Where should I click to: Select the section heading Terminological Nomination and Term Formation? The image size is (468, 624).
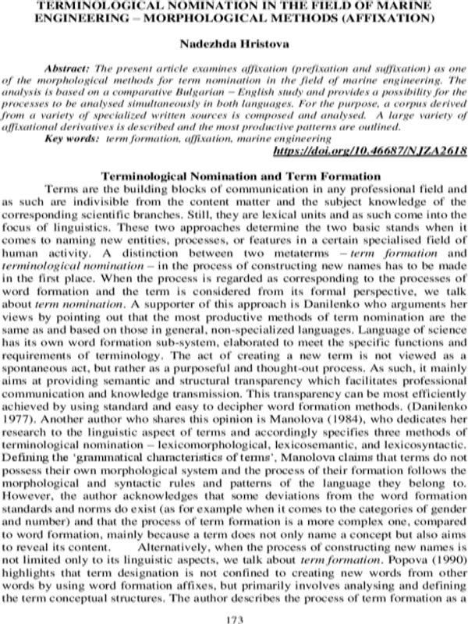(x=233, y=175)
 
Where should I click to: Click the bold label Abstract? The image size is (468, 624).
(x=73, y=69)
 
